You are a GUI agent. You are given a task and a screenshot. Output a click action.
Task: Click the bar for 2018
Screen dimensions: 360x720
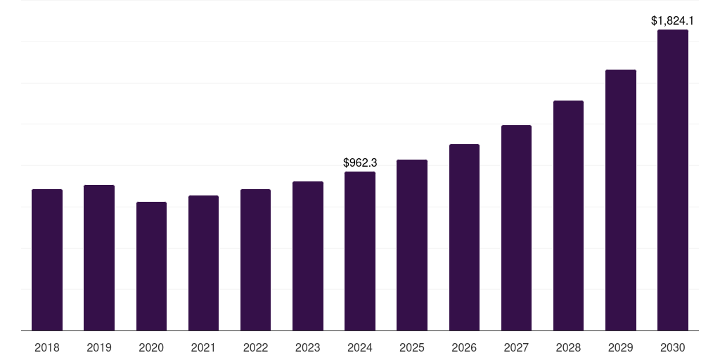(x=47, y=260)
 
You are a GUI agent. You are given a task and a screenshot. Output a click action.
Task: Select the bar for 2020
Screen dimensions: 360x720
(x=151, y=266)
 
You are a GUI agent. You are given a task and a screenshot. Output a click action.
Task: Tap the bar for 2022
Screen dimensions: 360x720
(x=255, y=260)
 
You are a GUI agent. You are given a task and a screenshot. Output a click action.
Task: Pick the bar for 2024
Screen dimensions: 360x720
(x=360, y=251)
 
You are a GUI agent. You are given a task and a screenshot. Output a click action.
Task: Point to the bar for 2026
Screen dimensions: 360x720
(x=464, y=238)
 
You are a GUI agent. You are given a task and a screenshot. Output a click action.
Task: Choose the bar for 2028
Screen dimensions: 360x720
(x=568, y=216)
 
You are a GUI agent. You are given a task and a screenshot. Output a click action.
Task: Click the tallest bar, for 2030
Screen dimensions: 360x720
(x=673, y=180)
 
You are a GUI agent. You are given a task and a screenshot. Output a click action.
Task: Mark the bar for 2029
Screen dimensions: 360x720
(x=621, y=200)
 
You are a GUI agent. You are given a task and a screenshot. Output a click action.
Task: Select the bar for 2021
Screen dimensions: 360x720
(x=203, y=263)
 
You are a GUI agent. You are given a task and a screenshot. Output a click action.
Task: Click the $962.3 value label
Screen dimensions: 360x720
(x=360, y=162)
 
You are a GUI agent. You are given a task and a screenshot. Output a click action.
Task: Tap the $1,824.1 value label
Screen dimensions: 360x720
(x=673, y=20)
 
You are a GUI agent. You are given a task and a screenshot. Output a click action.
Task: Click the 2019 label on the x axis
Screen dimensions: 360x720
(x=99, y=347)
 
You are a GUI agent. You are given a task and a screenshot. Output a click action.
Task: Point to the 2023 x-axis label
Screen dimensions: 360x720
(x=308, y=347)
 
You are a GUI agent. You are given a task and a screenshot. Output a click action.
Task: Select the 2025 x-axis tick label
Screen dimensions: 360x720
(x=412, y=347)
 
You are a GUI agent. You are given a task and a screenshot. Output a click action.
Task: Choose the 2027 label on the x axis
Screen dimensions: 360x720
(x=516, y=347)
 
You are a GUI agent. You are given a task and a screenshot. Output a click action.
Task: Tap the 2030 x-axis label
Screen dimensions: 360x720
(x=673, y=347)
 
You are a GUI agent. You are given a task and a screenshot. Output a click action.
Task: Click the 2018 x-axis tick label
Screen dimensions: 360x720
(x=47, y=347)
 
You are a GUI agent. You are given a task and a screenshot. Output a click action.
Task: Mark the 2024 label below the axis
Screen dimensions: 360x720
(x=360, y=347)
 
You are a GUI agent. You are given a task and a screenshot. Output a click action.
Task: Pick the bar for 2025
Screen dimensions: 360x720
(x=412, y=245)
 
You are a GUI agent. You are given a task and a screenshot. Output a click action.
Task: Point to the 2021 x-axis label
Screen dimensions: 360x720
(x=203, y=347)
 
